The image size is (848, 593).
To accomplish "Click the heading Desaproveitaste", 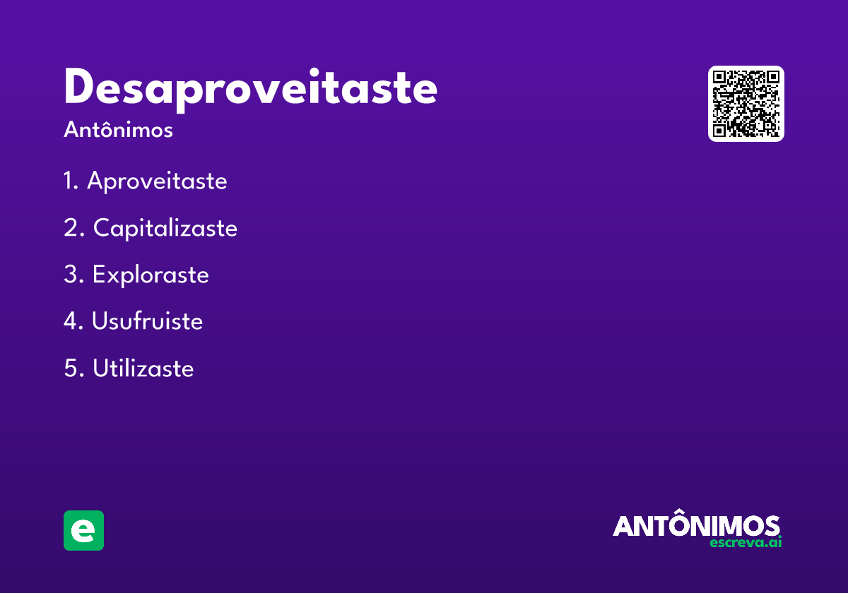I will (x=250, y=88).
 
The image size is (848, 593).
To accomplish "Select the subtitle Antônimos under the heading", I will (x=118, y=130).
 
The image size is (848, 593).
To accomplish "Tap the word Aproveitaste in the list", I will (x=157, y=181).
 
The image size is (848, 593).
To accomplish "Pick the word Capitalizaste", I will (x=165, y=228).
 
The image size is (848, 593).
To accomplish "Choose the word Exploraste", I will (x=151, y=275).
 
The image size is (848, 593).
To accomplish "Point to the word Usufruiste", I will (x=147, y=321).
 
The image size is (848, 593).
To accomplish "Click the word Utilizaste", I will (x=143, y=368).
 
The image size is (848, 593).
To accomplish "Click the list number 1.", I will (x=69, y=181).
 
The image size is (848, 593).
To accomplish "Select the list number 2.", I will (x=71, y=228).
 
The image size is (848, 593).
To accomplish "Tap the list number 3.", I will (x=71, y=275).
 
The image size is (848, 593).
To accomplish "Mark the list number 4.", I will (x=71, y=321).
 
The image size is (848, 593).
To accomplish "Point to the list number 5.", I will (x=71, y=368).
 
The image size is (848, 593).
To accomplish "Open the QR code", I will (x=746, y=104).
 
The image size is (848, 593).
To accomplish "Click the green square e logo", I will (x=83, y=530).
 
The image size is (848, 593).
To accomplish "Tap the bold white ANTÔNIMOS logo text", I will (x=696, y=526).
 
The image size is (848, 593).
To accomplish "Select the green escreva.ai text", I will (x=746, y=543).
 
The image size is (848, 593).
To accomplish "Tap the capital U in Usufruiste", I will (x=100, y=321).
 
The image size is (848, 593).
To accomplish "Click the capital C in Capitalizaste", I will (x=102, y=228).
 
